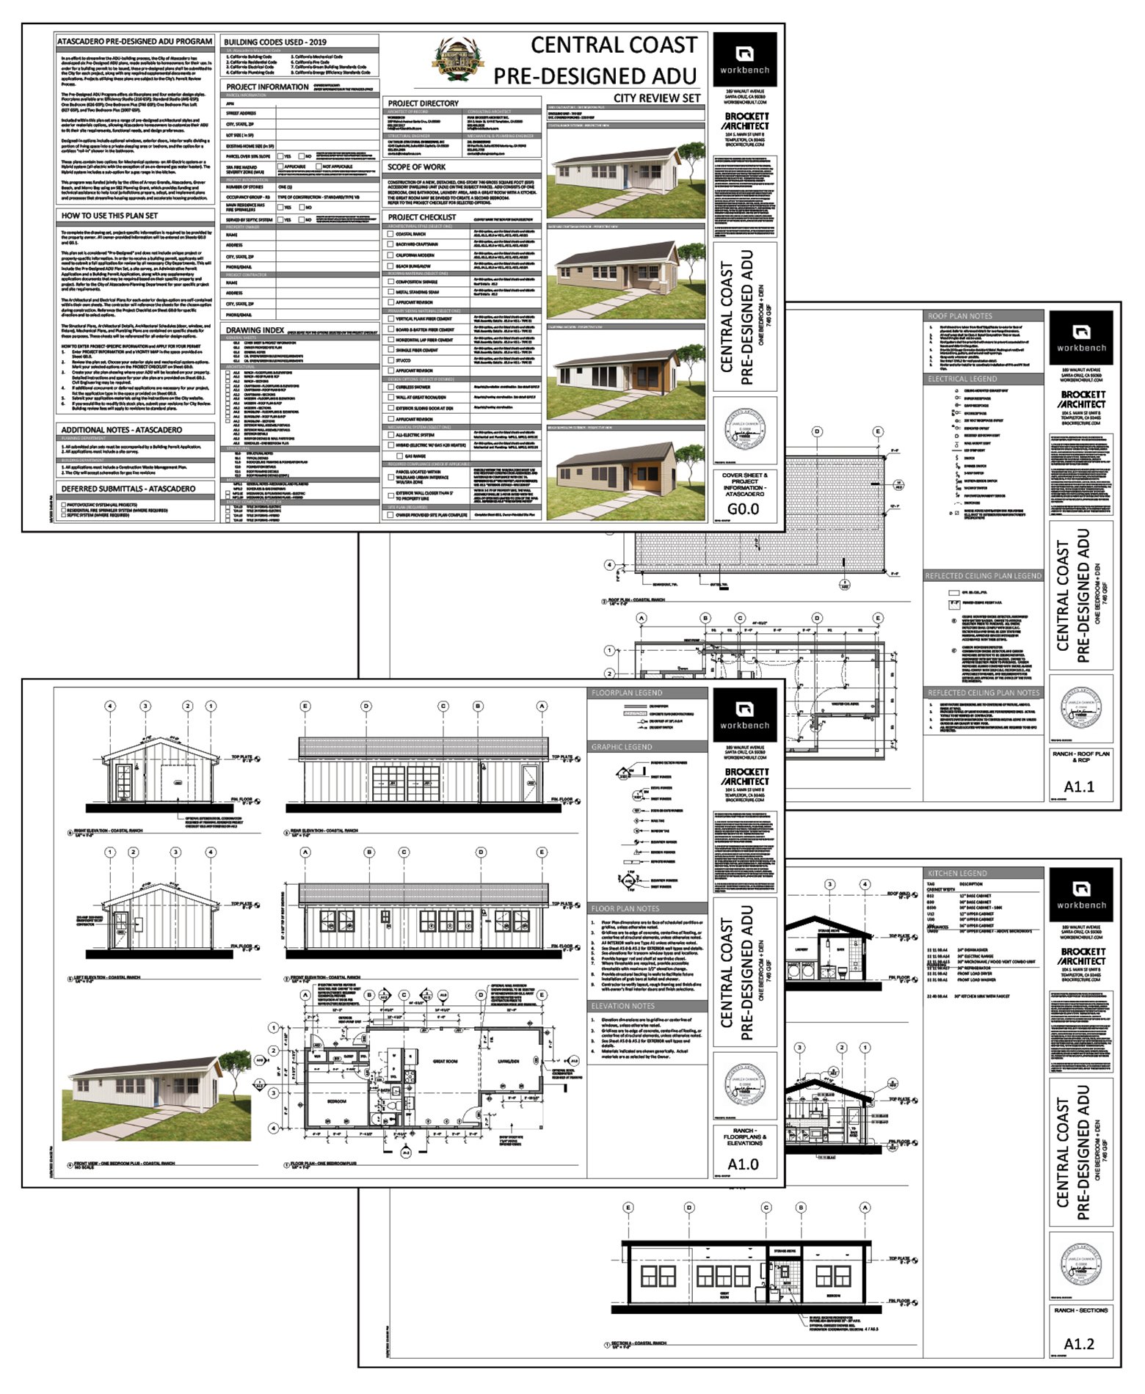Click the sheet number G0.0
pyautogui.click(x=743, y=508)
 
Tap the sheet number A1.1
pyautogui.click(x=1079, y=787)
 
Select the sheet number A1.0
pyautogui.click(x=743, y=1164)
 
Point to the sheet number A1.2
pyautogui.click(x=1079, y=1343)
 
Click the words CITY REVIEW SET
pyautogui.click(x=657, y=98)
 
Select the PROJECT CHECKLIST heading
pyautogui.click(x=422, y=216)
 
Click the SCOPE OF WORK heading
pyautogui.click(x=416, y=167)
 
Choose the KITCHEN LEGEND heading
pyautogui.click(x=957, y=873)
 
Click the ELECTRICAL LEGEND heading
pyautogui.click(x=962, y=379)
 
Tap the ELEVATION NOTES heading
pyautogui.click(x=622, y=1006)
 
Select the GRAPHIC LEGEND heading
pyautogui.click(x=622, y=746)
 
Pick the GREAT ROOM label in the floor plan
pyautogui.click(x=446, y=1061)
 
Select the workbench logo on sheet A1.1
pyautogui.click(x=1080, y=338)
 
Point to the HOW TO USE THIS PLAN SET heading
pyautogui.click(x=109, y=216)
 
